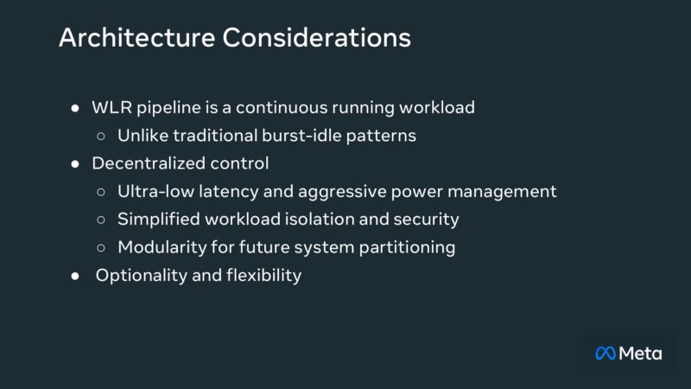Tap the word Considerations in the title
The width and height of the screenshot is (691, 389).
click(x=317, y=39)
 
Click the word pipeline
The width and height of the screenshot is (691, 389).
click(x=168, y=109)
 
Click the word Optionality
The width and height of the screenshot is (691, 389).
click(x=140, y=276)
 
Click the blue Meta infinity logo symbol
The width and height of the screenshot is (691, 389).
click(x=605, y=353)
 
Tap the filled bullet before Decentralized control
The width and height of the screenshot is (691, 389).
click(x=75, y=163)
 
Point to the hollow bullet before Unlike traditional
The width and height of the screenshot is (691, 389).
click(x=101, y=136)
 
